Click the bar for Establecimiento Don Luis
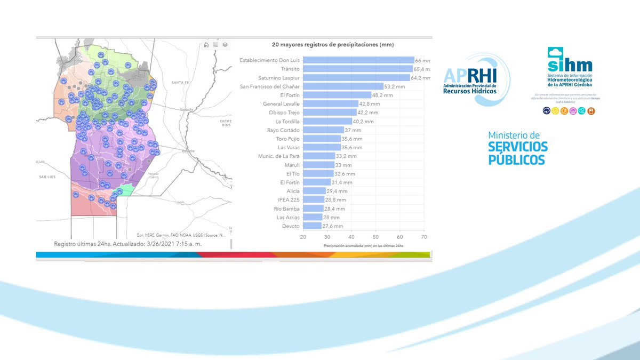[358, 60]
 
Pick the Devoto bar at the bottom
[312, 226]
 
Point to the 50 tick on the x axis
[375, 237]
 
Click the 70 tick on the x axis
[423, 237]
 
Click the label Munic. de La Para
[277, 156]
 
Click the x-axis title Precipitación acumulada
[363, 246]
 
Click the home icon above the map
[206, 45]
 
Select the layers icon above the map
[225, 45]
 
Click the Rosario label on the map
[187, 151]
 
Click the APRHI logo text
[469, 75]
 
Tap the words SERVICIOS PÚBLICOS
[517, 153]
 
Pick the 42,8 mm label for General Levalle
[369, 104]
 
